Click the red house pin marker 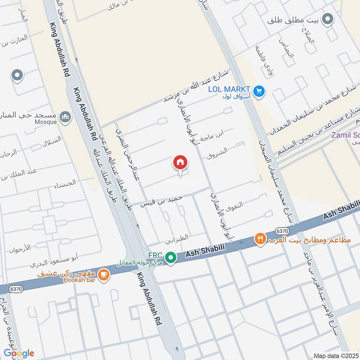[180, 162]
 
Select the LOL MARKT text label [229, 89]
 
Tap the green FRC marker [170, 258]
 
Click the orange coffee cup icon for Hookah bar [103, 274]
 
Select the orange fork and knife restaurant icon [260, 239]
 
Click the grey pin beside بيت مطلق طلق [328, 20]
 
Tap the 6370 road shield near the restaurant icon [282, 231]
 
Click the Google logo [18, 353]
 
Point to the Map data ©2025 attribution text [336, 356]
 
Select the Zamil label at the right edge [346, 135]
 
